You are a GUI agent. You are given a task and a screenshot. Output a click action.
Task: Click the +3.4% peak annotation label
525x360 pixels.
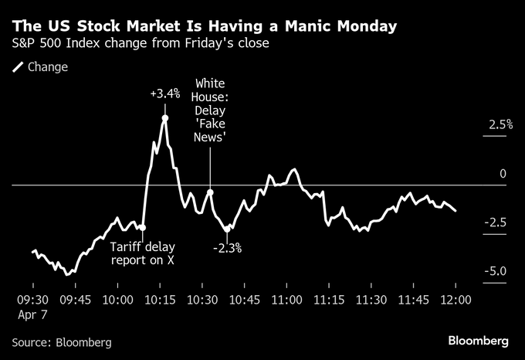164,94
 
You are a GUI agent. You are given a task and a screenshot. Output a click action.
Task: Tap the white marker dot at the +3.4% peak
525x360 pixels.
165,118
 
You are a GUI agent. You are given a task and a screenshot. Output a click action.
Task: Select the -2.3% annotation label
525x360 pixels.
227,248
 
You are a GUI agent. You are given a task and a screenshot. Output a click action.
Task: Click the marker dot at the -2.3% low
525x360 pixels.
227,229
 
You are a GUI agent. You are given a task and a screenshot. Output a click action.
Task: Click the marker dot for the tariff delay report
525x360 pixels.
143,227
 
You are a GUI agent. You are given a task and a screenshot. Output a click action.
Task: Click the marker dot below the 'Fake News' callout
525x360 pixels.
210,192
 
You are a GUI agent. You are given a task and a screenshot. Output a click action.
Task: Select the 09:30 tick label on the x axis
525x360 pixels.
32,299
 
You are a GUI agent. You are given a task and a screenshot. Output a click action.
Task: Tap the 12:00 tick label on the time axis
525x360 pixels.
456,299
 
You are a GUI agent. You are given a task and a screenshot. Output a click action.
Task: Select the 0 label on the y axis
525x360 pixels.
503,174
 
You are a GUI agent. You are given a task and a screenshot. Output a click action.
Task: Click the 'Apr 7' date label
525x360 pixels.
32,315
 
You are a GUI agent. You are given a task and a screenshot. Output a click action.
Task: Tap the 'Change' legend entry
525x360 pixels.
47,67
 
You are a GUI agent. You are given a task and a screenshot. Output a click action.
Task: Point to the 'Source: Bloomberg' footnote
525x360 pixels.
62,341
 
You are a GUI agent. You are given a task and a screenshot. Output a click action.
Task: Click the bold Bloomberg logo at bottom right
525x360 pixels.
479,341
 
